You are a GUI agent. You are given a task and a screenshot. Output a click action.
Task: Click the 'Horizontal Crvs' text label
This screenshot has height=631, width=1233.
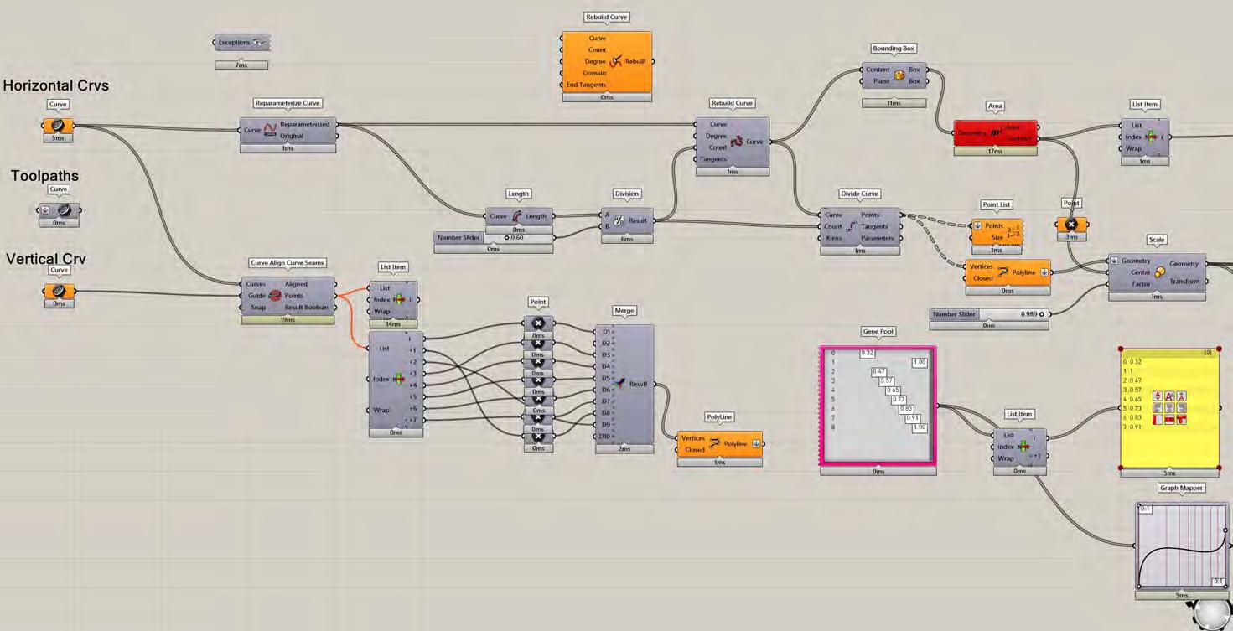pos(55,85)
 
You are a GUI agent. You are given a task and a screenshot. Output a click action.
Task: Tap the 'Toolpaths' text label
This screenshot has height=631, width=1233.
pos(44,176)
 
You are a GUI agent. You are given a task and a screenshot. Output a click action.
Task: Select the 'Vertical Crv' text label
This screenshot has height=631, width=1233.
pos(46,260)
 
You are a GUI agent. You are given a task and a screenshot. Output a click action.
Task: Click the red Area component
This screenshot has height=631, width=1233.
pos(995,132)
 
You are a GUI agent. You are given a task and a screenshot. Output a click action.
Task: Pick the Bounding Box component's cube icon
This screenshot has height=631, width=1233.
pos(899,75)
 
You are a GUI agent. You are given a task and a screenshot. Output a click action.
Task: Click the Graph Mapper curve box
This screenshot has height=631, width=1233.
pos(1181,546)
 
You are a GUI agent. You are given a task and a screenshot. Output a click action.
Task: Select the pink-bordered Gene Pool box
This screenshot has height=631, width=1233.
pos(878,406)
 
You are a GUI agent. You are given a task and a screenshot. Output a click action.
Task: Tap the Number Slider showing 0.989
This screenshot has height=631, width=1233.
pos(989,314)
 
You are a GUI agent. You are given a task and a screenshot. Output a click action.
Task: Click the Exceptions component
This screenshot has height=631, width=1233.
pos(241,43)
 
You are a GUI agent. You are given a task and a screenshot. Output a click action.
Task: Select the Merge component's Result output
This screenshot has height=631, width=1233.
pos(639,384)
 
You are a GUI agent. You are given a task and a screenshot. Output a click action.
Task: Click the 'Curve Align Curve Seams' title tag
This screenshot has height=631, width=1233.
pos(288,263)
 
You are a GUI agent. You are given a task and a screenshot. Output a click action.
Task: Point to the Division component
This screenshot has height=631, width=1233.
pos(626,220)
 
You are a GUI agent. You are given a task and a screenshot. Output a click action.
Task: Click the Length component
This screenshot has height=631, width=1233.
pos(518,216)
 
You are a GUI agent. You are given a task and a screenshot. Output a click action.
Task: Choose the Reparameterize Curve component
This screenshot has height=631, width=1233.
pos(288,130)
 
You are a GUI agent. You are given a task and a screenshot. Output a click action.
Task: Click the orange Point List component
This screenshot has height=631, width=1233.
pos(997,231)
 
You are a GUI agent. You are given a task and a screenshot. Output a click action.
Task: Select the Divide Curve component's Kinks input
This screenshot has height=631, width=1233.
pos(833,238)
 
